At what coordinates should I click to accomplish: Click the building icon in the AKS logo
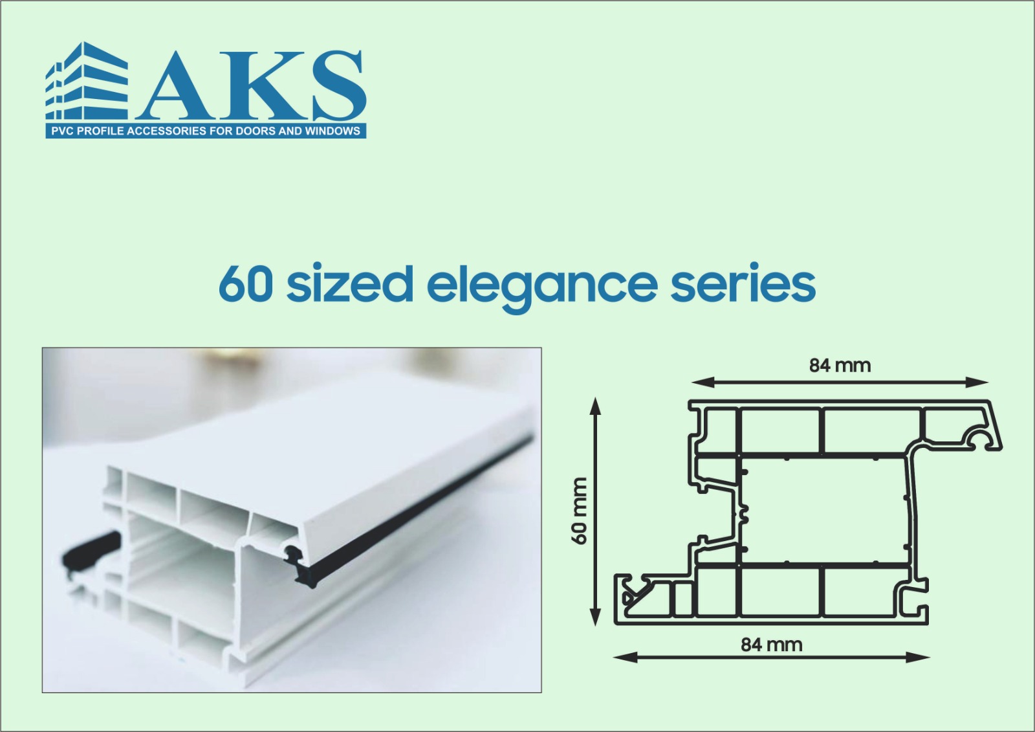point(87,82)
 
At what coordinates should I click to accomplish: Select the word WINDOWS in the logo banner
point(332,131)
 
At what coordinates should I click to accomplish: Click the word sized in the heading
point(349,282)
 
